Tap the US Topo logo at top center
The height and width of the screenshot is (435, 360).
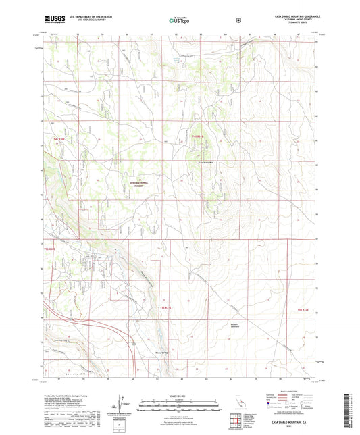click(179, 20)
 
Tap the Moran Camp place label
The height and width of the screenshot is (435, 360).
click(163, 352)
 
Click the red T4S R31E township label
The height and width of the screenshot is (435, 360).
click(197, 137)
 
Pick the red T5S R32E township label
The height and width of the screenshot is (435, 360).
click(303, 309)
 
